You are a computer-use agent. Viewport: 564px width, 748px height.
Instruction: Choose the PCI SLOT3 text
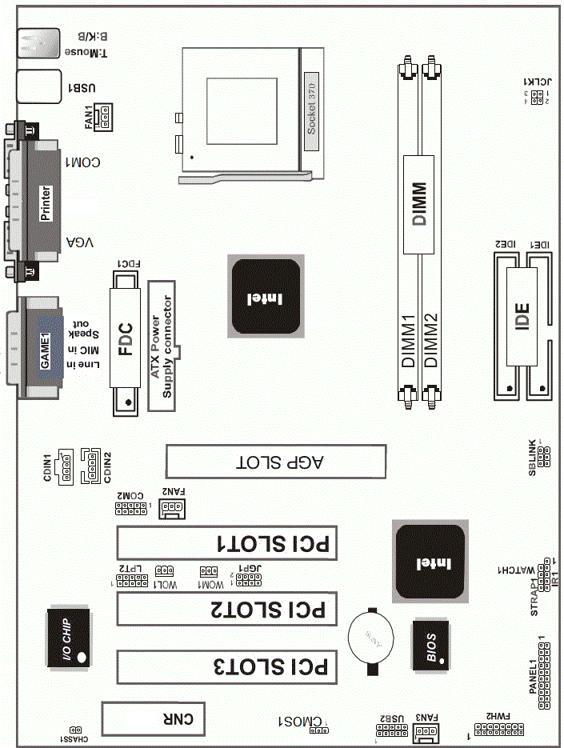click(274, 666)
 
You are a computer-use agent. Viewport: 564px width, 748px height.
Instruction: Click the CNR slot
click(154, 718)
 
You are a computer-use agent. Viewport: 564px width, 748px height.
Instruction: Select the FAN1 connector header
click(104, 118)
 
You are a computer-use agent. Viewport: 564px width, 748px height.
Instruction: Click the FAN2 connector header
click(171, 508)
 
